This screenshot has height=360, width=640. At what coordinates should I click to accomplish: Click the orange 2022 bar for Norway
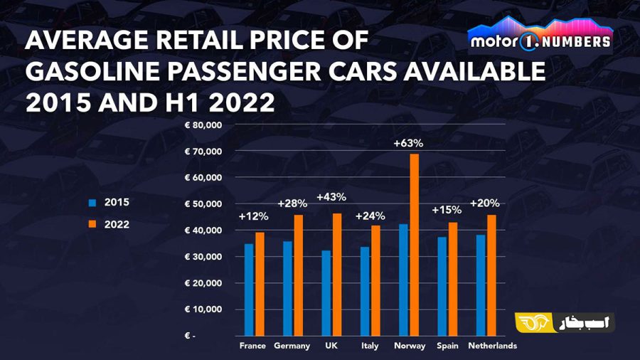415,245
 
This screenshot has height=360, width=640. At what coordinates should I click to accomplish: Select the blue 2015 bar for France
249,290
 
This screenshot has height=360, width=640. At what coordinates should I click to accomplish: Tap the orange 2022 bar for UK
337,275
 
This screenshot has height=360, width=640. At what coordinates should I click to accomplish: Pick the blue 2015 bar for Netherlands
481,285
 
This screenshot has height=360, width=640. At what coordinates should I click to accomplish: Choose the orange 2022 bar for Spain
453,279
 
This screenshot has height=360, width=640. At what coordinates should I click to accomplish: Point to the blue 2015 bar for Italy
365,292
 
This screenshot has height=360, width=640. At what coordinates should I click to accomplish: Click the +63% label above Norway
408,143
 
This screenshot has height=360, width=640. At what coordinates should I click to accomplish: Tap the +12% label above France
253,216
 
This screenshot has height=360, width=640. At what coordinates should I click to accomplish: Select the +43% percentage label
331,197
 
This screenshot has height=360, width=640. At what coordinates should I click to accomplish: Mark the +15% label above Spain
447,210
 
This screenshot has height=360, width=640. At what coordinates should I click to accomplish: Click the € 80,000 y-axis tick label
203,125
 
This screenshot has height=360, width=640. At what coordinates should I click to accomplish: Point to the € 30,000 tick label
203,257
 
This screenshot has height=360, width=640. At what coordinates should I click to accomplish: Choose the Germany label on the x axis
292,346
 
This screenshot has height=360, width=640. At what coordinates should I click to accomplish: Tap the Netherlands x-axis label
492,346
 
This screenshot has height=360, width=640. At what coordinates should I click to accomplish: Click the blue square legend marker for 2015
92,203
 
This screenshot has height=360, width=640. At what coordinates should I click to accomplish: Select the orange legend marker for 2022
92,224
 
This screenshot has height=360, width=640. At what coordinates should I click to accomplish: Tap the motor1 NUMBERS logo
540,36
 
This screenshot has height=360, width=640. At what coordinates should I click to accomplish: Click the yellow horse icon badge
534,323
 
